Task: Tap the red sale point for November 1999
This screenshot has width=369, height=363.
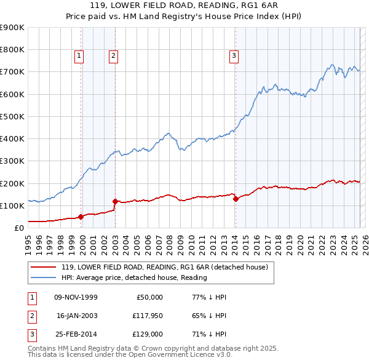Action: click(81, 217)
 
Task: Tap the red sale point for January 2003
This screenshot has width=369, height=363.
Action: click(115, 201)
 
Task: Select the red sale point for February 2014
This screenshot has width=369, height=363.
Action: click(236, 199)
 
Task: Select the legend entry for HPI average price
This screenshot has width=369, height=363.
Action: click(133, 277)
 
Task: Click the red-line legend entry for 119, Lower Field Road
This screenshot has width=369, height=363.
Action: click(164, 268)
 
